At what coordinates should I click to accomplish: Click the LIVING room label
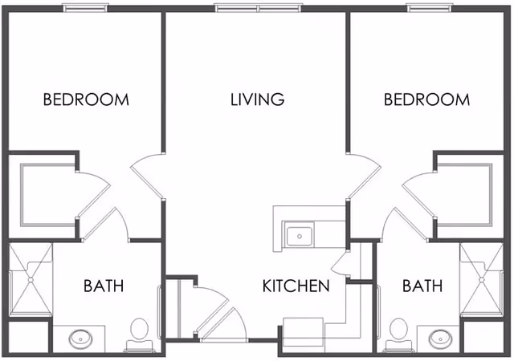point(257,100)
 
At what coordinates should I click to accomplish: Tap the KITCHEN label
point(296,286)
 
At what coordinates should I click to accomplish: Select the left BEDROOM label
point(86,100)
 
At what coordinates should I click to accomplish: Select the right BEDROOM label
point(426,100)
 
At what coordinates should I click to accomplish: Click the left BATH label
point(104,286)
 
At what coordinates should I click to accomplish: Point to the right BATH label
point(422,286)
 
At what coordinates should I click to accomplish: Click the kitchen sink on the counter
point(300,236)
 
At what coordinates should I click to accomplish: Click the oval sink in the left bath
point(80,339)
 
